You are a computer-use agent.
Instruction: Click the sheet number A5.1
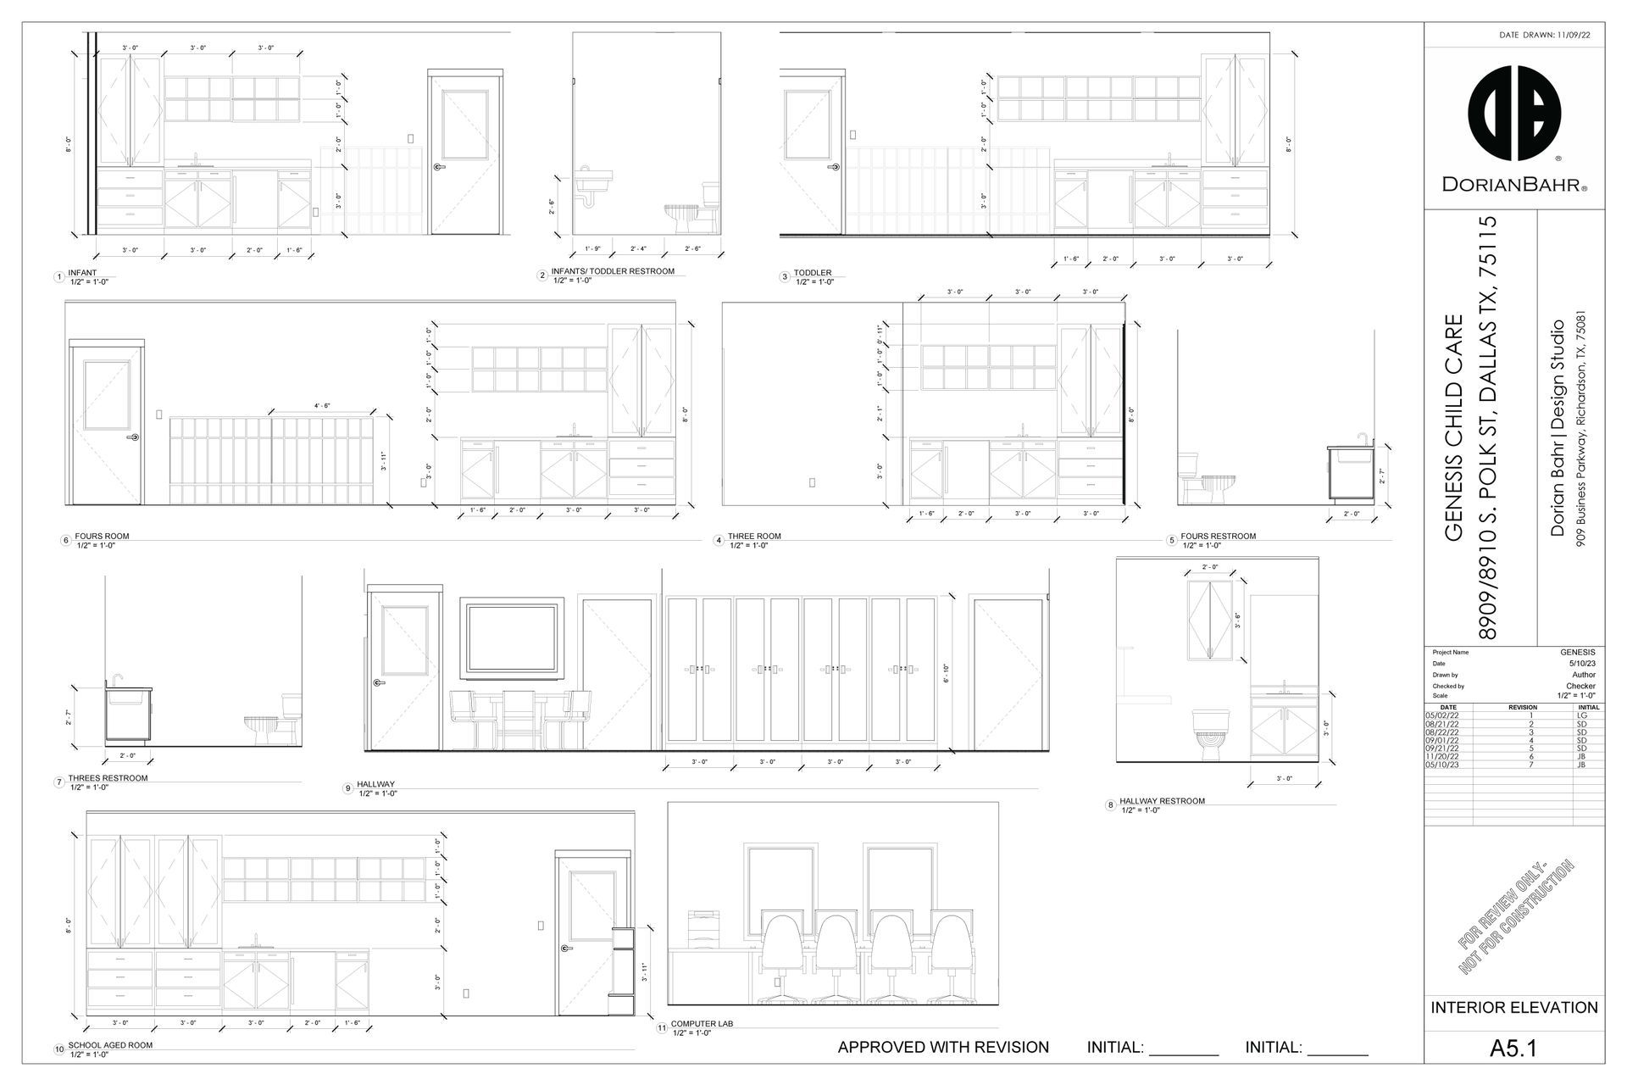click(1513, 1049)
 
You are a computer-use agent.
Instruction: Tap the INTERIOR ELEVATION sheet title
click(1514, 1008)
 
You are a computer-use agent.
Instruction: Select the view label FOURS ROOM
click(102, 537)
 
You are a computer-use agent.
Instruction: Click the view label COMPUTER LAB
click(702, 1024)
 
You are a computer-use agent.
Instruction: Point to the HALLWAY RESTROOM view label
click(1162, 801)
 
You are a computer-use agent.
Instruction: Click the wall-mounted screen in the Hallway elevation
click(513, 639)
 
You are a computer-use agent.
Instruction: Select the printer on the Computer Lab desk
click(705, 924)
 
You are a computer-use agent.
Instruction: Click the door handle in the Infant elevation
click(438, 167)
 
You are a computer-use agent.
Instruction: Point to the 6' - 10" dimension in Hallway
click(946, 674)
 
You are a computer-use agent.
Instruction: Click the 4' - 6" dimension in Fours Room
click(322, 406)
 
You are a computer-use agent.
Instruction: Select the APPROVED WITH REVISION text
click(943, 1048)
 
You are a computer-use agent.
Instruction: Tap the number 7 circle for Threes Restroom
click(59, 782)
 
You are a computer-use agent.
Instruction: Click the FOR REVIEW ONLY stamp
click(1516, 915)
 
